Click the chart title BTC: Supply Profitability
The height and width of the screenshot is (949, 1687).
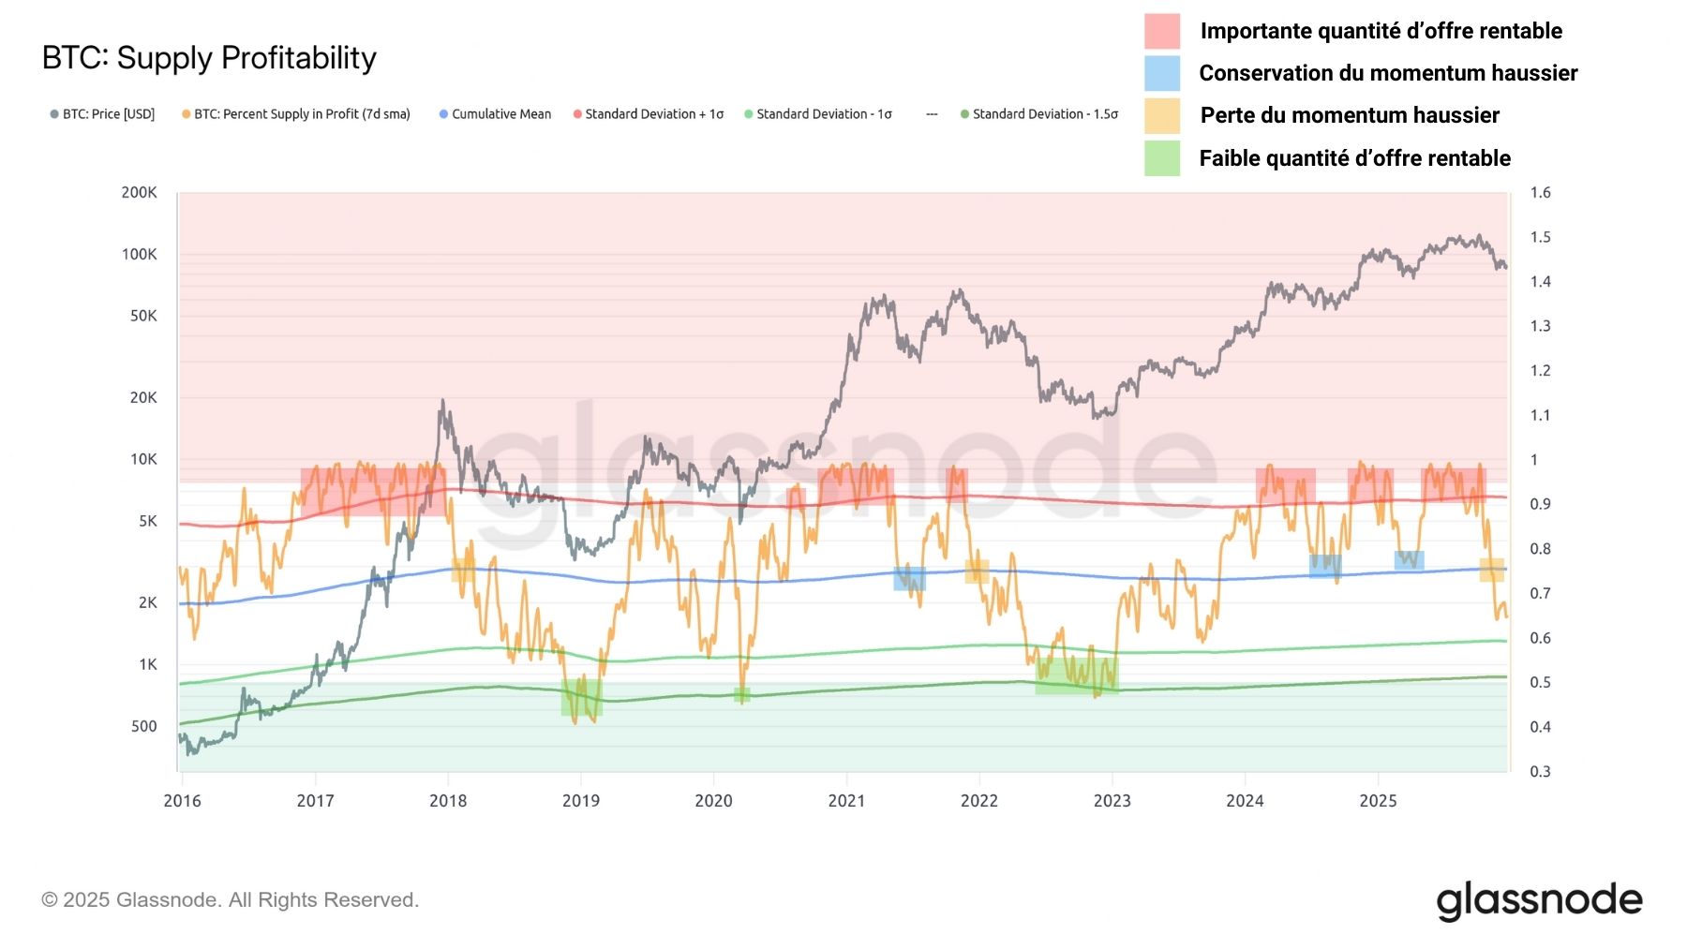209,58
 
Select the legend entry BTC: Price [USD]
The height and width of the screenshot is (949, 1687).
102,114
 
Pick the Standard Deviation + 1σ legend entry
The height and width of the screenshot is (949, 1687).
649,114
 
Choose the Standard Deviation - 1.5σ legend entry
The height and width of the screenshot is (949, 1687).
1039,114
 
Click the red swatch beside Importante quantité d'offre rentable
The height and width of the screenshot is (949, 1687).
1161,31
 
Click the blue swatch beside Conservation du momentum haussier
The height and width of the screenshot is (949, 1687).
1161,73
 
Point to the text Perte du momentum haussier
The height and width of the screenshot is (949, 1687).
1350,115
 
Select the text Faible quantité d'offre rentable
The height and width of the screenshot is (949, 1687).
1354,158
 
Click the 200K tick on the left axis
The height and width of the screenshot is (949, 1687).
139,192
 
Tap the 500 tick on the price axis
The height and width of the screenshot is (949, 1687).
143,726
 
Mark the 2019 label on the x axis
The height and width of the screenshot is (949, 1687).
581,801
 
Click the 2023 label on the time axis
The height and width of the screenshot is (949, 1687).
1112,801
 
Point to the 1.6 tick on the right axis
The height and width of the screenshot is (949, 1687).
1540,192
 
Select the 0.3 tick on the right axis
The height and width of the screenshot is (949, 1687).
1540,772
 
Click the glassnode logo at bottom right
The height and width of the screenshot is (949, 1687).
1539,900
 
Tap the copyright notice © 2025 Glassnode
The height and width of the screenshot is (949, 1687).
230,900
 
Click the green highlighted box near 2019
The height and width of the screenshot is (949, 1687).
581,698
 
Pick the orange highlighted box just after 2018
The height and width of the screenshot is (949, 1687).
463,570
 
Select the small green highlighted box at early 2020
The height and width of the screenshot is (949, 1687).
741,694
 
